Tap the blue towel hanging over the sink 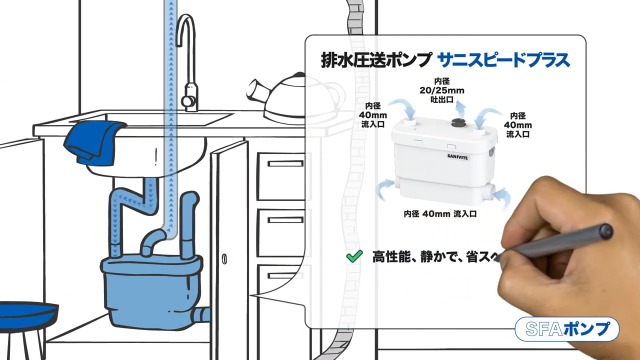[x=94, y=141]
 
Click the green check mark [x=353, y=257]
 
